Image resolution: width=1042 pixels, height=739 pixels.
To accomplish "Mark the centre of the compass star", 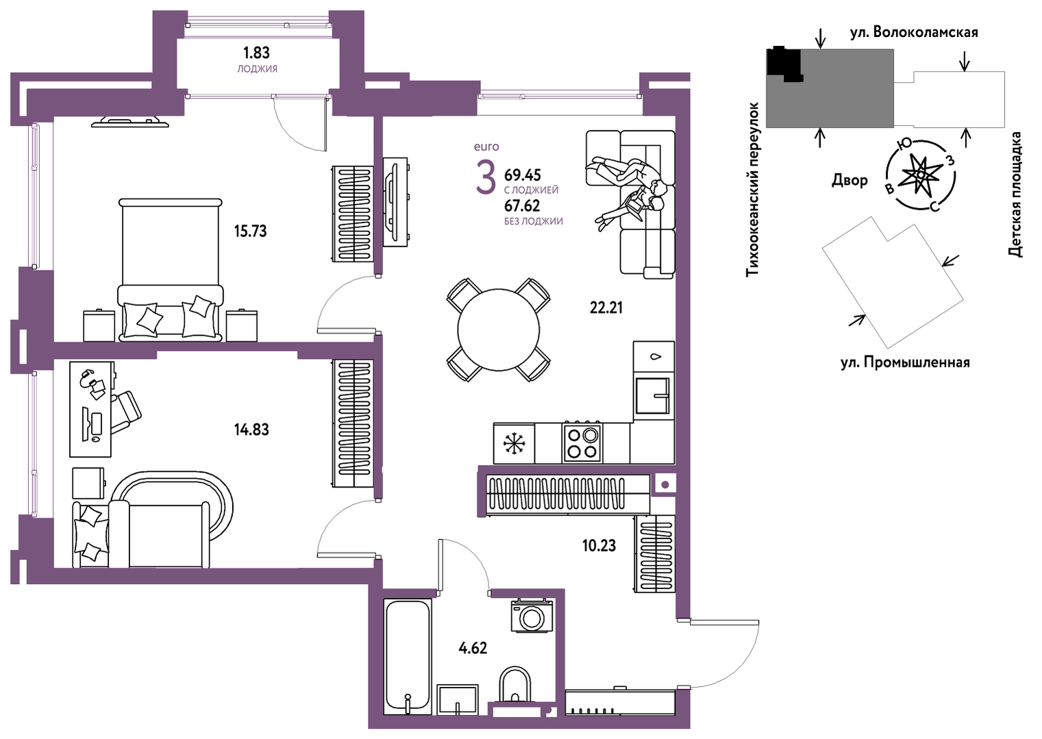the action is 921,175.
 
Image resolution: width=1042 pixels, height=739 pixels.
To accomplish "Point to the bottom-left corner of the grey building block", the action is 766,127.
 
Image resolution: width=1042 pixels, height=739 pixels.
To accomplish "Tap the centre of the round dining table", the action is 498,329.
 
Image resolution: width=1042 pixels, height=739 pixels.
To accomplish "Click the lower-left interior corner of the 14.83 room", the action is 54,568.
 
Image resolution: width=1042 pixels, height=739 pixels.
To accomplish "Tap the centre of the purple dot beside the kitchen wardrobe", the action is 665,485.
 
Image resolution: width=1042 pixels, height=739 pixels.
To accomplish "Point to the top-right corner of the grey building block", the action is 893,49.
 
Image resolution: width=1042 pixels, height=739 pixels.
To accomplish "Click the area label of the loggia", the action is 256,53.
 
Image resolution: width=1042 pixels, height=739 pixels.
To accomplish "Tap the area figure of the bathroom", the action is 473,648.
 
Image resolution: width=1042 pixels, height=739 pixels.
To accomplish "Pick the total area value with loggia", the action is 523,175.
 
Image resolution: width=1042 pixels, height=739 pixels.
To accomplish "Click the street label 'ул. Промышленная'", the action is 905,362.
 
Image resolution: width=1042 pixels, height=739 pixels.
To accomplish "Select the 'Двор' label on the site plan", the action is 849,180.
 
